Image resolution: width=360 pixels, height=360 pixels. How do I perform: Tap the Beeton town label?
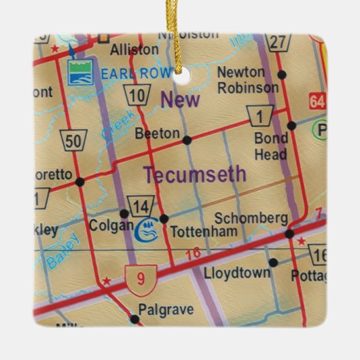click(x=157, y=134)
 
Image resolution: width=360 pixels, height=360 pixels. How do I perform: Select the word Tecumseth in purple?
click(x=194, y=175)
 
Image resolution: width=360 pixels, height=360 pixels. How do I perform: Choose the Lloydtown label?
click(x=236, y=273)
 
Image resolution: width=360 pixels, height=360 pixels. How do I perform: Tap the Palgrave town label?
click(x=166, y=310)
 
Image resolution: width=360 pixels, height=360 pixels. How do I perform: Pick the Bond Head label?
click(x=270, y=146)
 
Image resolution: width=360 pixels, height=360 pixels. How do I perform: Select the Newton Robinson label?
click(x=248, y=80)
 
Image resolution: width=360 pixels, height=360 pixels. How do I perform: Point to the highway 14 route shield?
click(x=139, y=206)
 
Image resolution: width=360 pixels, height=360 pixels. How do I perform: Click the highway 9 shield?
click(x=141, y=276)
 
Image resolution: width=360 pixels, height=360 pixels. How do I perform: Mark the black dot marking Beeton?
click(x=187, y=139)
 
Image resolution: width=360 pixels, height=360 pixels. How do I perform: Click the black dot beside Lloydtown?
click(x=273, y=262)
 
